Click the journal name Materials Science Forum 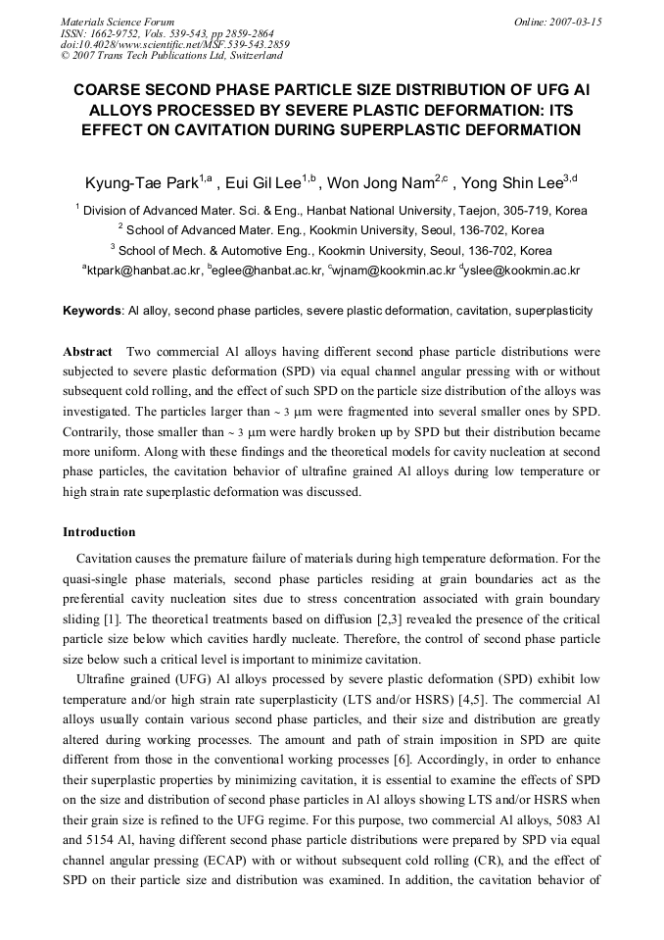pyautogui.click(x=118, y=22)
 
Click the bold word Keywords pyautogui.click(x=92, y=311)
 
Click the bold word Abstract pyautogui.click(x=87, y=351)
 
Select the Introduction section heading pyautogui.click(x=99, y=532)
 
